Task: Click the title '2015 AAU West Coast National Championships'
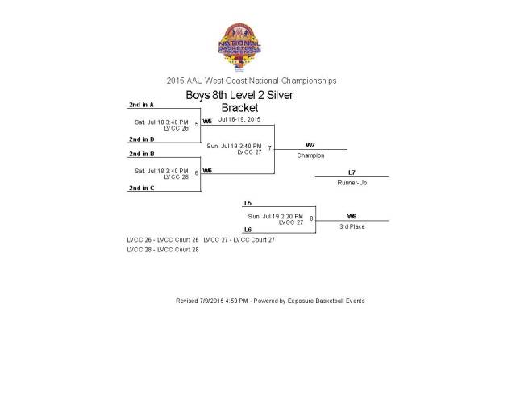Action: (252, 81)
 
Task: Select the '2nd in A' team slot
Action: (141, 105)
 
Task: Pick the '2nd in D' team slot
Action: (141, 139)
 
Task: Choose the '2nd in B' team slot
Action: (141, 153)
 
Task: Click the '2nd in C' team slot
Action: (141, 188)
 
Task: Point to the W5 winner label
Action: (207, 121)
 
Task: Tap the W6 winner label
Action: (207, 170)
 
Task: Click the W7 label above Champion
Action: (310, 145)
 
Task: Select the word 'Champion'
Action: (310, 155)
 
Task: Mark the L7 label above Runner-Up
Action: (352, 172)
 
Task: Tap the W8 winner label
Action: (352, 216)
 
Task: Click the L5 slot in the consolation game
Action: (248, 203)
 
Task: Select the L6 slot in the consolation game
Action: (248, 230)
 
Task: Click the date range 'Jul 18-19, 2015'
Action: (239, 119)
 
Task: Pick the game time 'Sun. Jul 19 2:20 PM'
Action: (275, 216)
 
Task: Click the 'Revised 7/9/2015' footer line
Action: (269, 301)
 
